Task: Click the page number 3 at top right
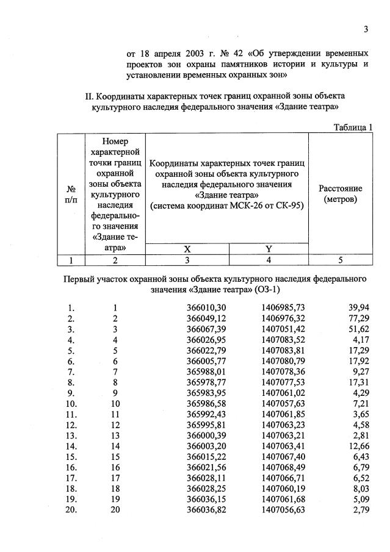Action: point(366,29)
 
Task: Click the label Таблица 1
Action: point(353,127)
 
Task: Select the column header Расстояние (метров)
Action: point(341,194)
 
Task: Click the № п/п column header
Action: point(71,194)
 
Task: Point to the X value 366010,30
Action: point(206,308)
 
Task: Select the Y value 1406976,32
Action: point(283,318)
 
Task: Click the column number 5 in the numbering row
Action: point(341,260)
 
